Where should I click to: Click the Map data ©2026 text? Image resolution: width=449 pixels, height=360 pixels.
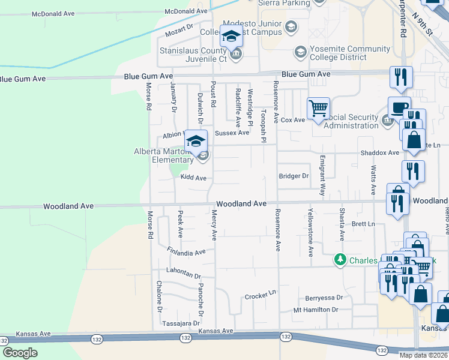tap(424, 355)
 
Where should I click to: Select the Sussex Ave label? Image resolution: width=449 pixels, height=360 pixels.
tap(231, 133)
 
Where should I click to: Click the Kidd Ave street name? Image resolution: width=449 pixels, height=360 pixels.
tap(193, 178)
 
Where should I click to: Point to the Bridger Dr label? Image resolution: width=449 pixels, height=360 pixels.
tap(294, 176)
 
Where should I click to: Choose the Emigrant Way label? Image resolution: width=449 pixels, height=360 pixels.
tap(322, 176)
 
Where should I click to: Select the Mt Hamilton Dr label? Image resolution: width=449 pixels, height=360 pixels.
tap(316, 310)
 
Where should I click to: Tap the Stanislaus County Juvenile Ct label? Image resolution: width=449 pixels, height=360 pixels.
tap(193, 55)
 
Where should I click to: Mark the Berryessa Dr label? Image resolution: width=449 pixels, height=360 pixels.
tap(324, 297)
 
